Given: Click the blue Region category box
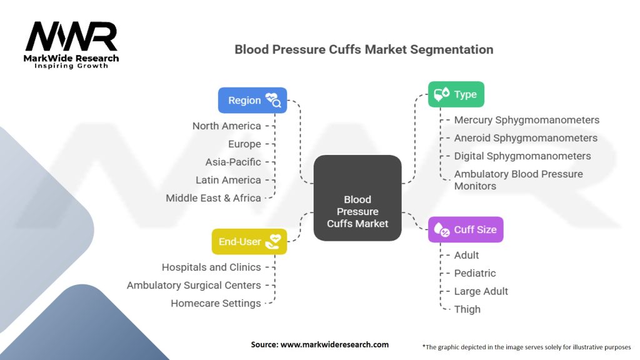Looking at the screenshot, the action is point(252,100).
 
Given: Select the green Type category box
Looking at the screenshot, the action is point(456,94).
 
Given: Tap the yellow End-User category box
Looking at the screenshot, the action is point(249,242).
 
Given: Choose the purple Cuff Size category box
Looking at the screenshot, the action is point(465,229).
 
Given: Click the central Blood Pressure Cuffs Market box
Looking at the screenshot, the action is point(357,198).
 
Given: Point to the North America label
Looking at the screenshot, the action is point(226,126).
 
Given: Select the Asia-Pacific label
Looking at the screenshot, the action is point(233,162).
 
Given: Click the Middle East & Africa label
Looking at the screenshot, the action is point(213,198).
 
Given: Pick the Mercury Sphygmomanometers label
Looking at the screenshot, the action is point(526,120).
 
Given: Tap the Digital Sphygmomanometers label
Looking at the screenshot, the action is point(522,156).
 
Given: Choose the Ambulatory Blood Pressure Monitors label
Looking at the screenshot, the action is point(518,180).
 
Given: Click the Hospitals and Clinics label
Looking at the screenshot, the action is point(211,267).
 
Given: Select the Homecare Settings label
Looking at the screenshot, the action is point(216,303).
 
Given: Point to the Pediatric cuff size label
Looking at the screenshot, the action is point(475,273).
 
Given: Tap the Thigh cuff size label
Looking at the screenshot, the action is point(467,309).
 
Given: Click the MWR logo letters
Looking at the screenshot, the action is point(71,36).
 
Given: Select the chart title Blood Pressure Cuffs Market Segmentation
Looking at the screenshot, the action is point(364,49).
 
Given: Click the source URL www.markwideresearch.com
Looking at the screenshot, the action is point(334,344).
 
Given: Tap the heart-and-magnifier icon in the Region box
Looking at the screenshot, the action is point(273,100).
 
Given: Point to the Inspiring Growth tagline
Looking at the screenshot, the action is point(71,66).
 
